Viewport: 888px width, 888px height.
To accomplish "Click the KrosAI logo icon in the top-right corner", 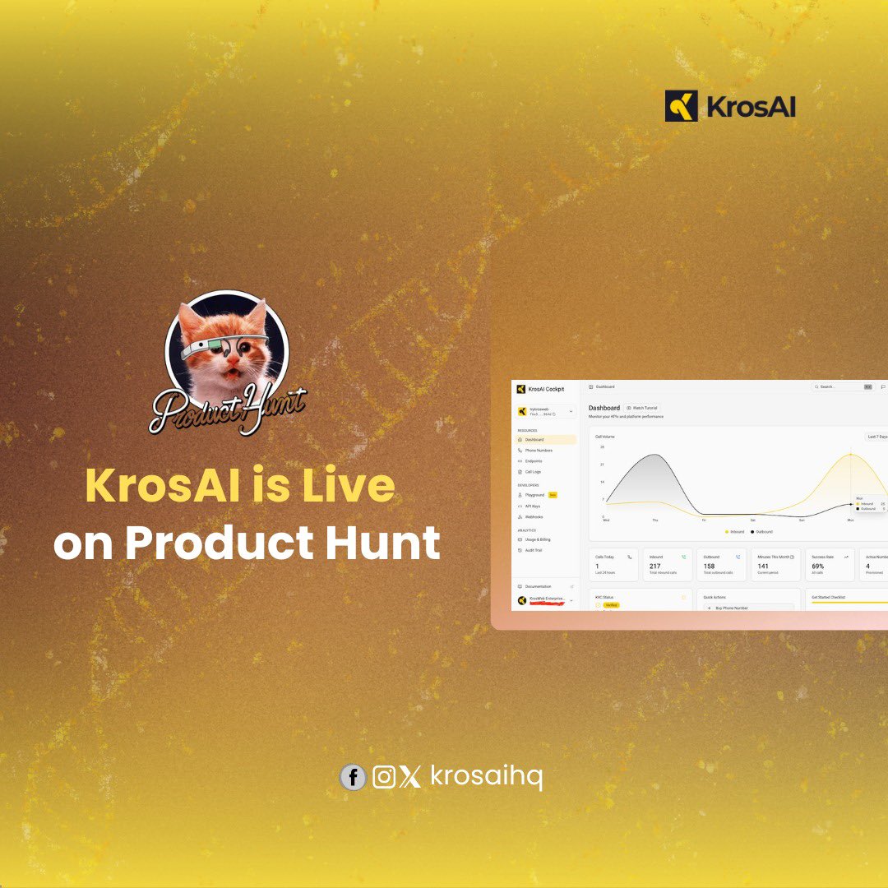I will (x=682, y=106).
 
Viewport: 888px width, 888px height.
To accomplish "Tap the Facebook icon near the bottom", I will (x=353, y=777).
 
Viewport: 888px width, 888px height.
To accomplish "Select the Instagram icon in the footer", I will (x=384, y=777).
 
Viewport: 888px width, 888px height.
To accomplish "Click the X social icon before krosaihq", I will (x=410, y=777).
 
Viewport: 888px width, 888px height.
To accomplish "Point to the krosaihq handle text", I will (x=486, y=777).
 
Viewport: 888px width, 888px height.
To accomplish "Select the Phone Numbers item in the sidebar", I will (x=539, y=451).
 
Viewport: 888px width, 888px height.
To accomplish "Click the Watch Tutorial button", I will (x=642, y=408).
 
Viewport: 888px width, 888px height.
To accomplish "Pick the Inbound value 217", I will (x=655, y=566).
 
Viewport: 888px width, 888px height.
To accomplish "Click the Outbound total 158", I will (x=710, y=566).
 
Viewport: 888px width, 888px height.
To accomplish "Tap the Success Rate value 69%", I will (x=818, y=566).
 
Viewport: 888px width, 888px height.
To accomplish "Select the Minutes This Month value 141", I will (x=763, y=566).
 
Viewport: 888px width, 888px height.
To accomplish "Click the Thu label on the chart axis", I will (x=655, y=520).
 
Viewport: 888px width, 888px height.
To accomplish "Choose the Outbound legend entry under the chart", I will (x=761, y=532).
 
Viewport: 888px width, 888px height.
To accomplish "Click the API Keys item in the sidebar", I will (x=534, y=506).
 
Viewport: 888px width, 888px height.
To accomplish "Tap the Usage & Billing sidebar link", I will (x=539, y=539).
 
